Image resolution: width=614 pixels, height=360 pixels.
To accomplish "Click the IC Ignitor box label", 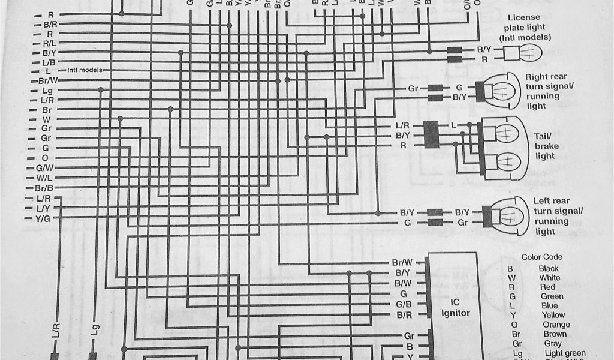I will click(x=456, y=308).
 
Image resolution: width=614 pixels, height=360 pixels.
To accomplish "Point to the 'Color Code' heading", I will click(x=542, y=257).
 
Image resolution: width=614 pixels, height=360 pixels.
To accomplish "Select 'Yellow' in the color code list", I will click(x=553, y=315).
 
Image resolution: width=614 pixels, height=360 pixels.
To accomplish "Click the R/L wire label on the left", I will click(x=49, y=43).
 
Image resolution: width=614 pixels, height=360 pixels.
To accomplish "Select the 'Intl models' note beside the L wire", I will click(x=84, y=70).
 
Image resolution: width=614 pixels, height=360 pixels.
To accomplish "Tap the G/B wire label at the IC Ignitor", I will click(x=403, y=304).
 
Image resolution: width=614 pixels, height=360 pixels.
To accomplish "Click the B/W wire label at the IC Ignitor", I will click(x=403, y=283).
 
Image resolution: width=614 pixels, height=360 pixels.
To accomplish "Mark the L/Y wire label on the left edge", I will click(x=44, y=208).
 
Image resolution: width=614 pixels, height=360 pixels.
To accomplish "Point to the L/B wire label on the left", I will click(x=49, y=62).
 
